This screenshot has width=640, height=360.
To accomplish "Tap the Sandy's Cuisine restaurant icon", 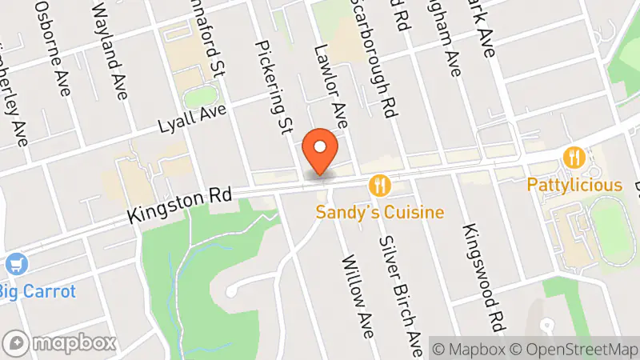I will pyautogui.click(x=380, y=186).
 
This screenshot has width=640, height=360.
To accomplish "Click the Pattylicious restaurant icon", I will pyautogui.click(x=574, y=158).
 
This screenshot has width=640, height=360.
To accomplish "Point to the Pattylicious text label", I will pyautogui.click(x=574, y=185).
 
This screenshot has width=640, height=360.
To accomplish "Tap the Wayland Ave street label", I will pyautogui.click(x=111, y=52).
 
